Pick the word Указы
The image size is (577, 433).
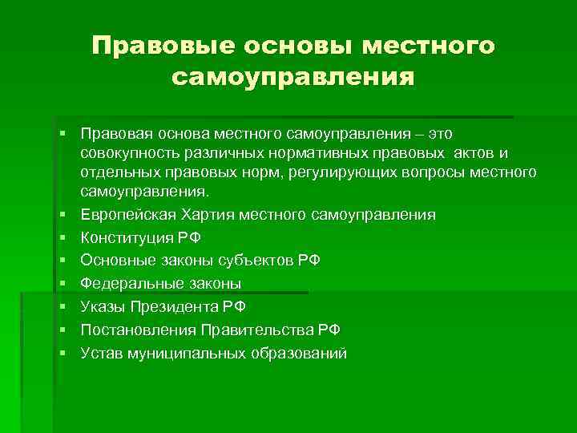tap(101, 307)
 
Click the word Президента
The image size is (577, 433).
tap(172, 307)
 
